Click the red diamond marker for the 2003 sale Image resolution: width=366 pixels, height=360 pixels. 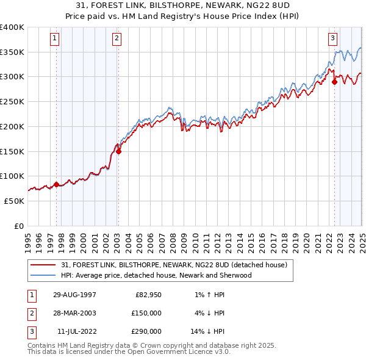(x=119, y=152)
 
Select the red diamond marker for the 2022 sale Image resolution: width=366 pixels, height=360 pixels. (x=334, y=82)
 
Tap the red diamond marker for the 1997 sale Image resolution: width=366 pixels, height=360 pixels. (x=57, y=184)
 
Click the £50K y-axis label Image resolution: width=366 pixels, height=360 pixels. (x=14, y=201)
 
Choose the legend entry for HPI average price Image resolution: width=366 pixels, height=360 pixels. (x=156, y=275)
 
